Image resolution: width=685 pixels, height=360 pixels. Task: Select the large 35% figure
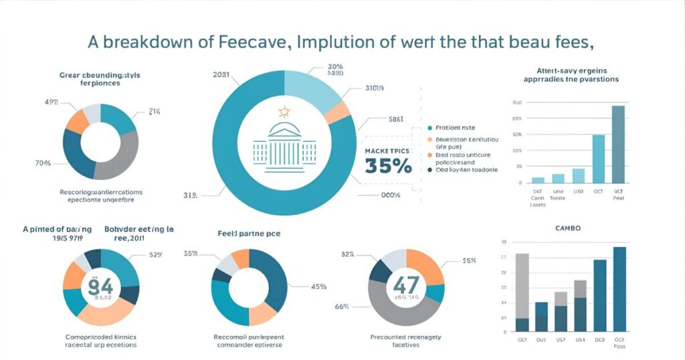click(x=388, y=166)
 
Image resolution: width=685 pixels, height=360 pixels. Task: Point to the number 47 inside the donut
click(x=406, y=283)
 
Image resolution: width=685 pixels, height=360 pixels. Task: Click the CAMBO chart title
click(x=567, y=228)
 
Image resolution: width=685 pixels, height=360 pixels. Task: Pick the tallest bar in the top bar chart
click(x=618, y=144)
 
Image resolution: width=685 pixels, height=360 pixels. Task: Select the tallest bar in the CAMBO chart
click(x=620, y=289)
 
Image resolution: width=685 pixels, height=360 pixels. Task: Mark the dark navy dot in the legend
click(x=429, y=170)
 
